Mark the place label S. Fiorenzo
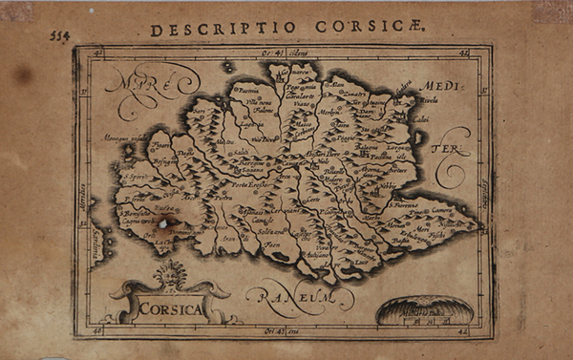[407, 202]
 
